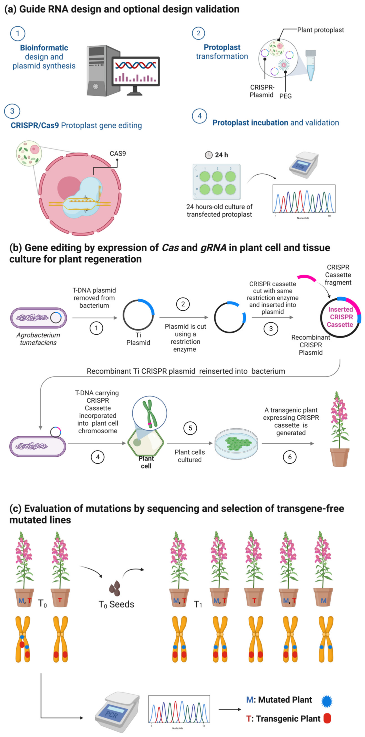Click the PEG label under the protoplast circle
coord(285,96)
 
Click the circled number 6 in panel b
coord(290,457)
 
